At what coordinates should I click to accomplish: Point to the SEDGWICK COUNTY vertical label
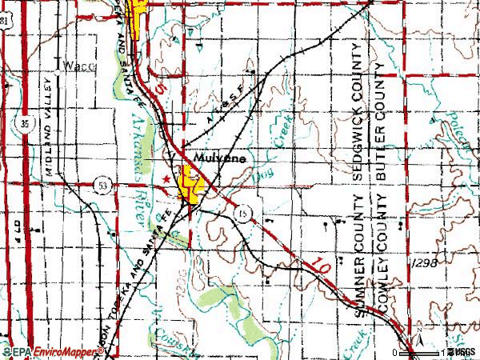(360, 118)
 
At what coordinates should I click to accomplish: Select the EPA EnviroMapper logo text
(45, 352)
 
